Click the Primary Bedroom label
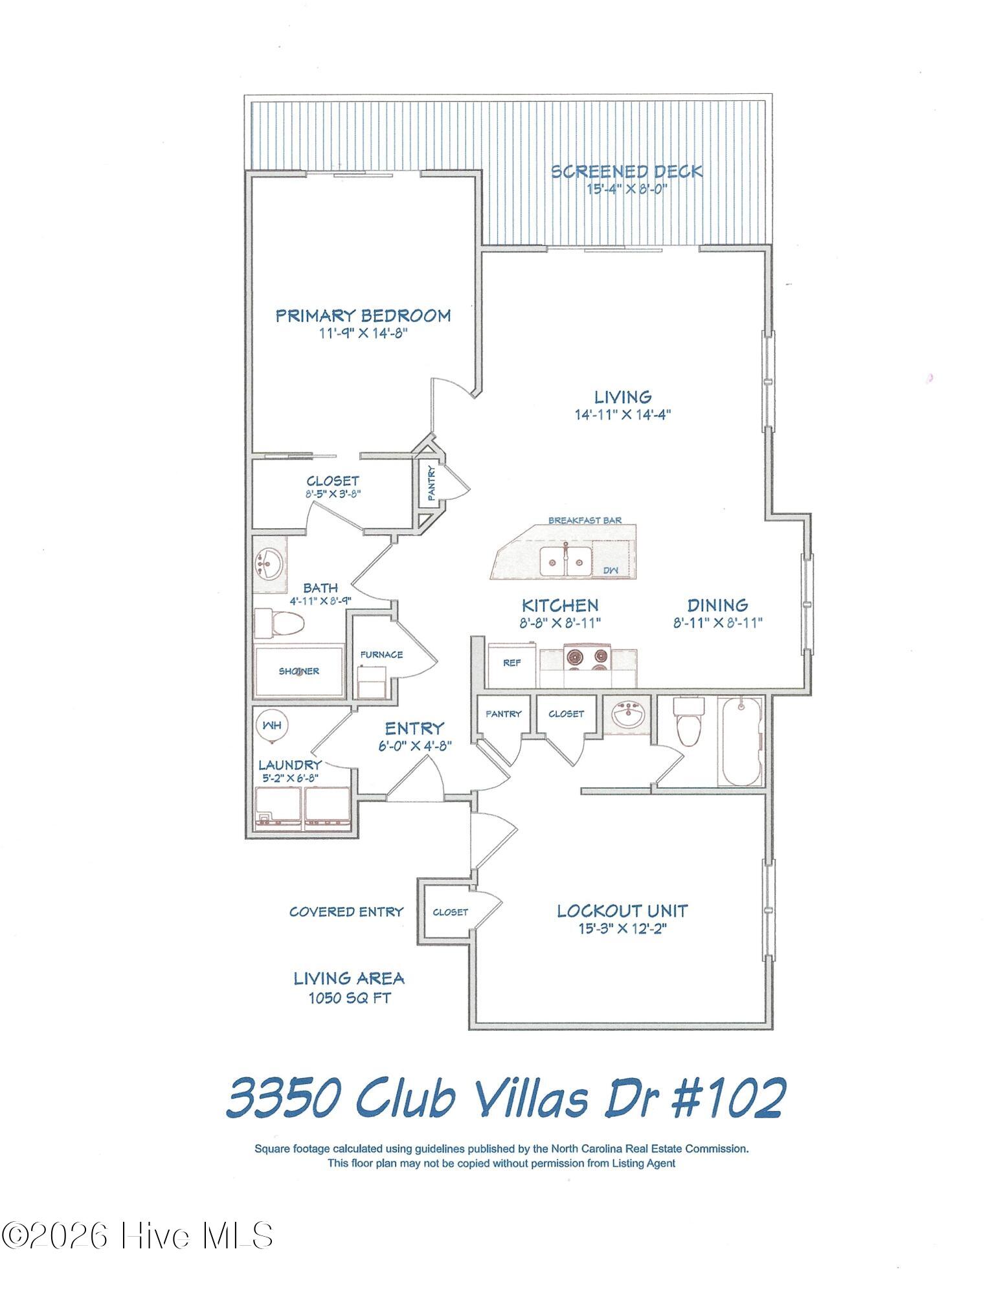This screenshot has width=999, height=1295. tap(363, 316)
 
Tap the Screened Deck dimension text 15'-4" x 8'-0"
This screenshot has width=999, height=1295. tap(627, 189)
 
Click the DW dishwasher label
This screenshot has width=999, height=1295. tap(610, 570)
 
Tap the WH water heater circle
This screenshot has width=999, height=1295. tap(273, 726)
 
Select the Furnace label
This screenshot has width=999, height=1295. tap(381, 655)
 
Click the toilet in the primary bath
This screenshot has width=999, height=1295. tap(279, 624)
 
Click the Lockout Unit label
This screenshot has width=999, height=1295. tap(622, 911)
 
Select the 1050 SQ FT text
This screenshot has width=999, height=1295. tap(350, 998)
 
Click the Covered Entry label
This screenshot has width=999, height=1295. tap(346, 912)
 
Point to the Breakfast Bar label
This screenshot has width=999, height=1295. tap(585, 521)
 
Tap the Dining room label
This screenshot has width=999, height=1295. tap(717, 605)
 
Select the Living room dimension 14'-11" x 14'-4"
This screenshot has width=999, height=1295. tap(622, 414)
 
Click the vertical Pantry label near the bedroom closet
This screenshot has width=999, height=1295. tap(431, 484)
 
